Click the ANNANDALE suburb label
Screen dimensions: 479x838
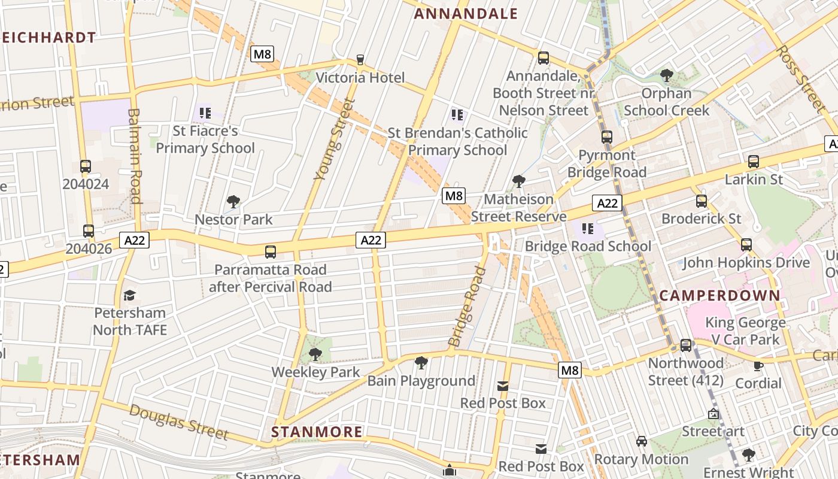(466, 14)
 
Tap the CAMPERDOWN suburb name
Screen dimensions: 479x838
(720, 295)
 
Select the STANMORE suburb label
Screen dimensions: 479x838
(317, 432)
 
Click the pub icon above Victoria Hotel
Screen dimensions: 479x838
(360, 59)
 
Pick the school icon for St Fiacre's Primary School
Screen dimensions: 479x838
(205, 113)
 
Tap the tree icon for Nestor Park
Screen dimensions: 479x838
(233, 202)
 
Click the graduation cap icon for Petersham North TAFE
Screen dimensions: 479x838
(129, 295)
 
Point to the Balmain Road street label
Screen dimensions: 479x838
(135, 156)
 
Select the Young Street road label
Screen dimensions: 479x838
(330, 140)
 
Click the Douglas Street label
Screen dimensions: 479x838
(178, 422)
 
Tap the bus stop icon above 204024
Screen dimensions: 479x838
(86, 166)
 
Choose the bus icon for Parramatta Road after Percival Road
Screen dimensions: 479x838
(271, 252)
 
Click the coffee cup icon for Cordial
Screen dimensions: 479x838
(758, 366)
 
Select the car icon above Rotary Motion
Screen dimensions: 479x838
(641, 441)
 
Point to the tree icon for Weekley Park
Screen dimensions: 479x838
(315, 354)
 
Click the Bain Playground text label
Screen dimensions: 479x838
(421, 381)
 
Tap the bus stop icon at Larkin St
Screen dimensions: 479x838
(753, 162)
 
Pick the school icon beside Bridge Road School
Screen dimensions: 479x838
(587, 229)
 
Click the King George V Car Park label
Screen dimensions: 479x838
(745, 331)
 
